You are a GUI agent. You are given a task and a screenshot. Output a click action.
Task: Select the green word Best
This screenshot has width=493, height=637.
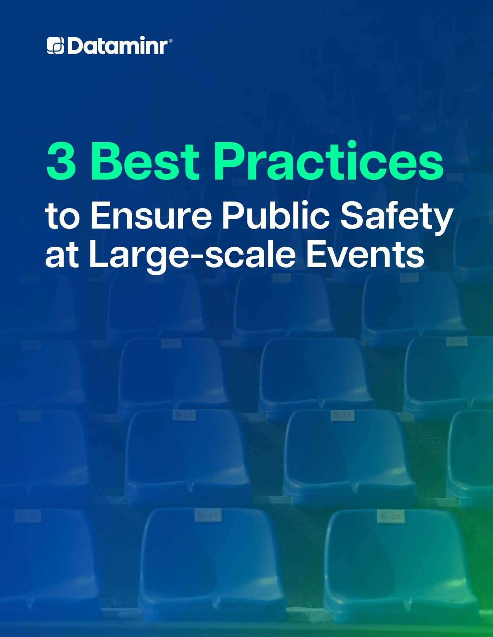[x=145, y=161]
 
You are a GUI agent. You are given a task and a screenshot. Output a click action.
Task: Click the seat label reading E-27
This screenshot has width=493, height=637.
[x=184, y=416]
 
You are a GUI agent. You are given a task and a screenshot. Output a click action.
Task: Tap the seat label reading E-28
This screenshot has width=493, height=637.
[x=342, y=416]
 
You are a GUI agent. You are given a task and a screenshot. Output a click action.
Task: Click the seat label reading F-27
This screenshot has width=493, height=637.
[x=171, y=343]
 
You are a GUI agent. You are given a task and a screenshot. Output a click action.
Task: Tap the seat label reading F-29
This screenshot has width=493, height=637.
[x=457, y=342]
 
